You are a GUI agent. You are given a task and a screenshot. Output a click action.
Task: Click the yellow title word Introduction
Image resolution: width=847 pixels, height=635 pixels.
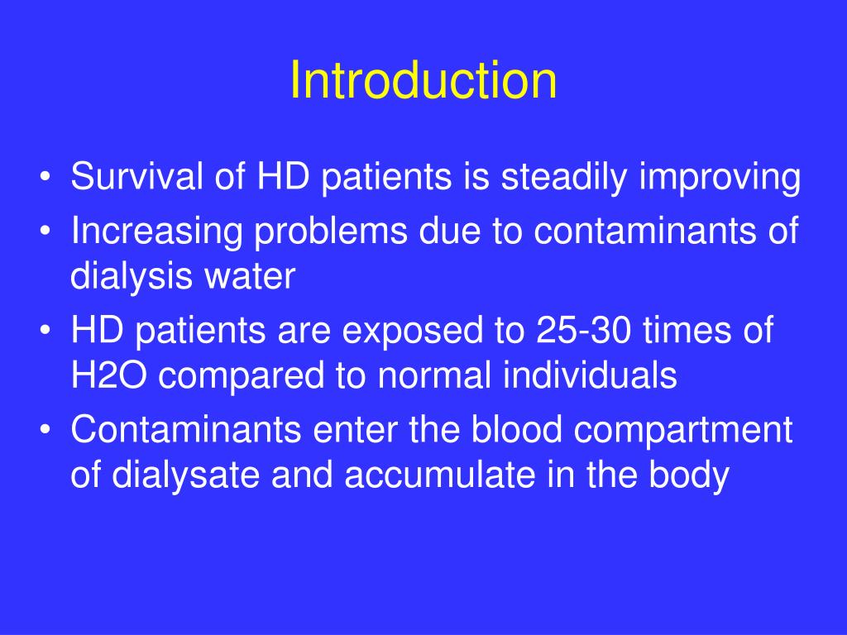click(x=423, y=81)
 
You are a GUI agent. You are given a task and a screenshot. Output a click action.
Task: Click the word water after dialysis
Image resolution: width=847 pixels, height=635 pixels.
click(x=256, y=277)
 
